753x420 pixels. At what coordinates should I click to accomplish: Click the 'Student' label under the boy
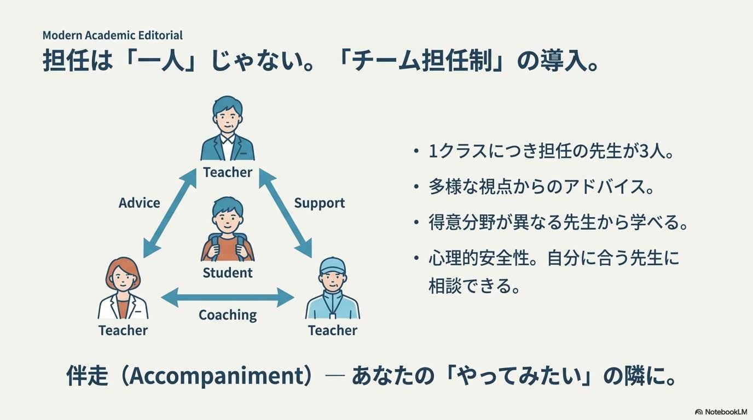click(228, 273)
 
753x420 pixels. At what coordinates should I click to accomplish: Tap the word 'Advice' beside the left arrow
click(140, 203)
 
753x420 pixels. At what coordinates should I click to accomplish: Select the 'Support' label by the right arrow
click(320, 203)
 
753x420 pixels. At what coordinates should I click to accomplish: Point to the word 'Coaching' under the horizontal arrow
click(228, 315)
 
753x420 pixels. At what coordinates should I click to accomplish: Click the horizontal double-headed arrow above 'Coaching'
click(228, 297)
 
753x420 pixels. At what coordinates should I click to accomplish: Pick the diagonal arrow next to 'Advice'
click(170, 213)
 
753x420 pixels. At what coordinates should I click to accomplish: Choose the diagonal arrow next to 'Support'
click(285, 213)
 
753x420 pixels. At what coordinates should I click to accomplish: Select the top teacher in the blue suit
click(227, 131)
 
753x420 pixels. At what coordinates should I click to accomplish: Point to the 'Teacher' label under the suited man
click(228, 172)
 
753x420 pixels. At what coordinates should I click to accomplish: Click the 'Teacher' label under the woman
click(123, 330)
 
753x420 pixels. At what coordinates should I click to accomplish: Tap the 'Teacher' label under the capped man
click(333, 330)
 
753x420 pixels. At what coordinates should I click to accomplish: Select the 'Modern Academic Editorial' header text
click(113, 36)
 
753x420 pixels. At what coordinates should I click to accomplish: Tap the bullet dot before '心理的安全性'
click(418, 258)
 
